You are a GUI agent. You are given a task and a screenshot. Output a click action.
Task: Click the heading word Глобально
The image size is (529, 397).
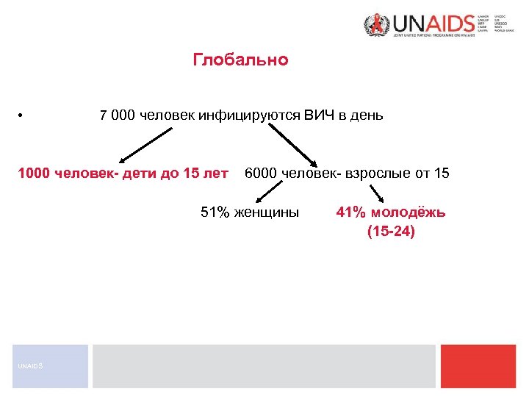tap(240, 60)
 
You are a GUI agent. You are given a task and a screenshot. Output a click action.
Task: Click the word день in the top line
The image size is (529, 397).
tap(367, 116)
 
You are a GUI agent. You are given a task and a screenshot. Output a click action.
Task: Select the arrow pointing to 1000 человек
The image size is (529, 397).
tap(146, 144)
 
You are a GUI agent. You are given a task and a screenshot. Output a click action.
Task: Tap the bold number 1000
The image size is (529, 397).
tap(33, 174)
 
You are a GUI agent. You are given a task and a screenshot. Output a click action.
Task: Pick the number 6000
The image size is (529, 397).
tap(260, 174)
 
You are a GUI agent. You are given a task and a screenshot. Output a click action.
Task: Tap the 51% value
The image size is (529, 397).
tap(216, 213)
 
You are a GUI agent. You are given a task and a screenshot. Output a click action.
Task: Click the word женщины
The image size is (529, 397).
tap(266, 213)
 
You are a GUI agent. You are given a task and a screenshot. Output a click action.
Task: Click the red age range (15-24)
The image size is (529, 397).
tap(391, 232)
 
